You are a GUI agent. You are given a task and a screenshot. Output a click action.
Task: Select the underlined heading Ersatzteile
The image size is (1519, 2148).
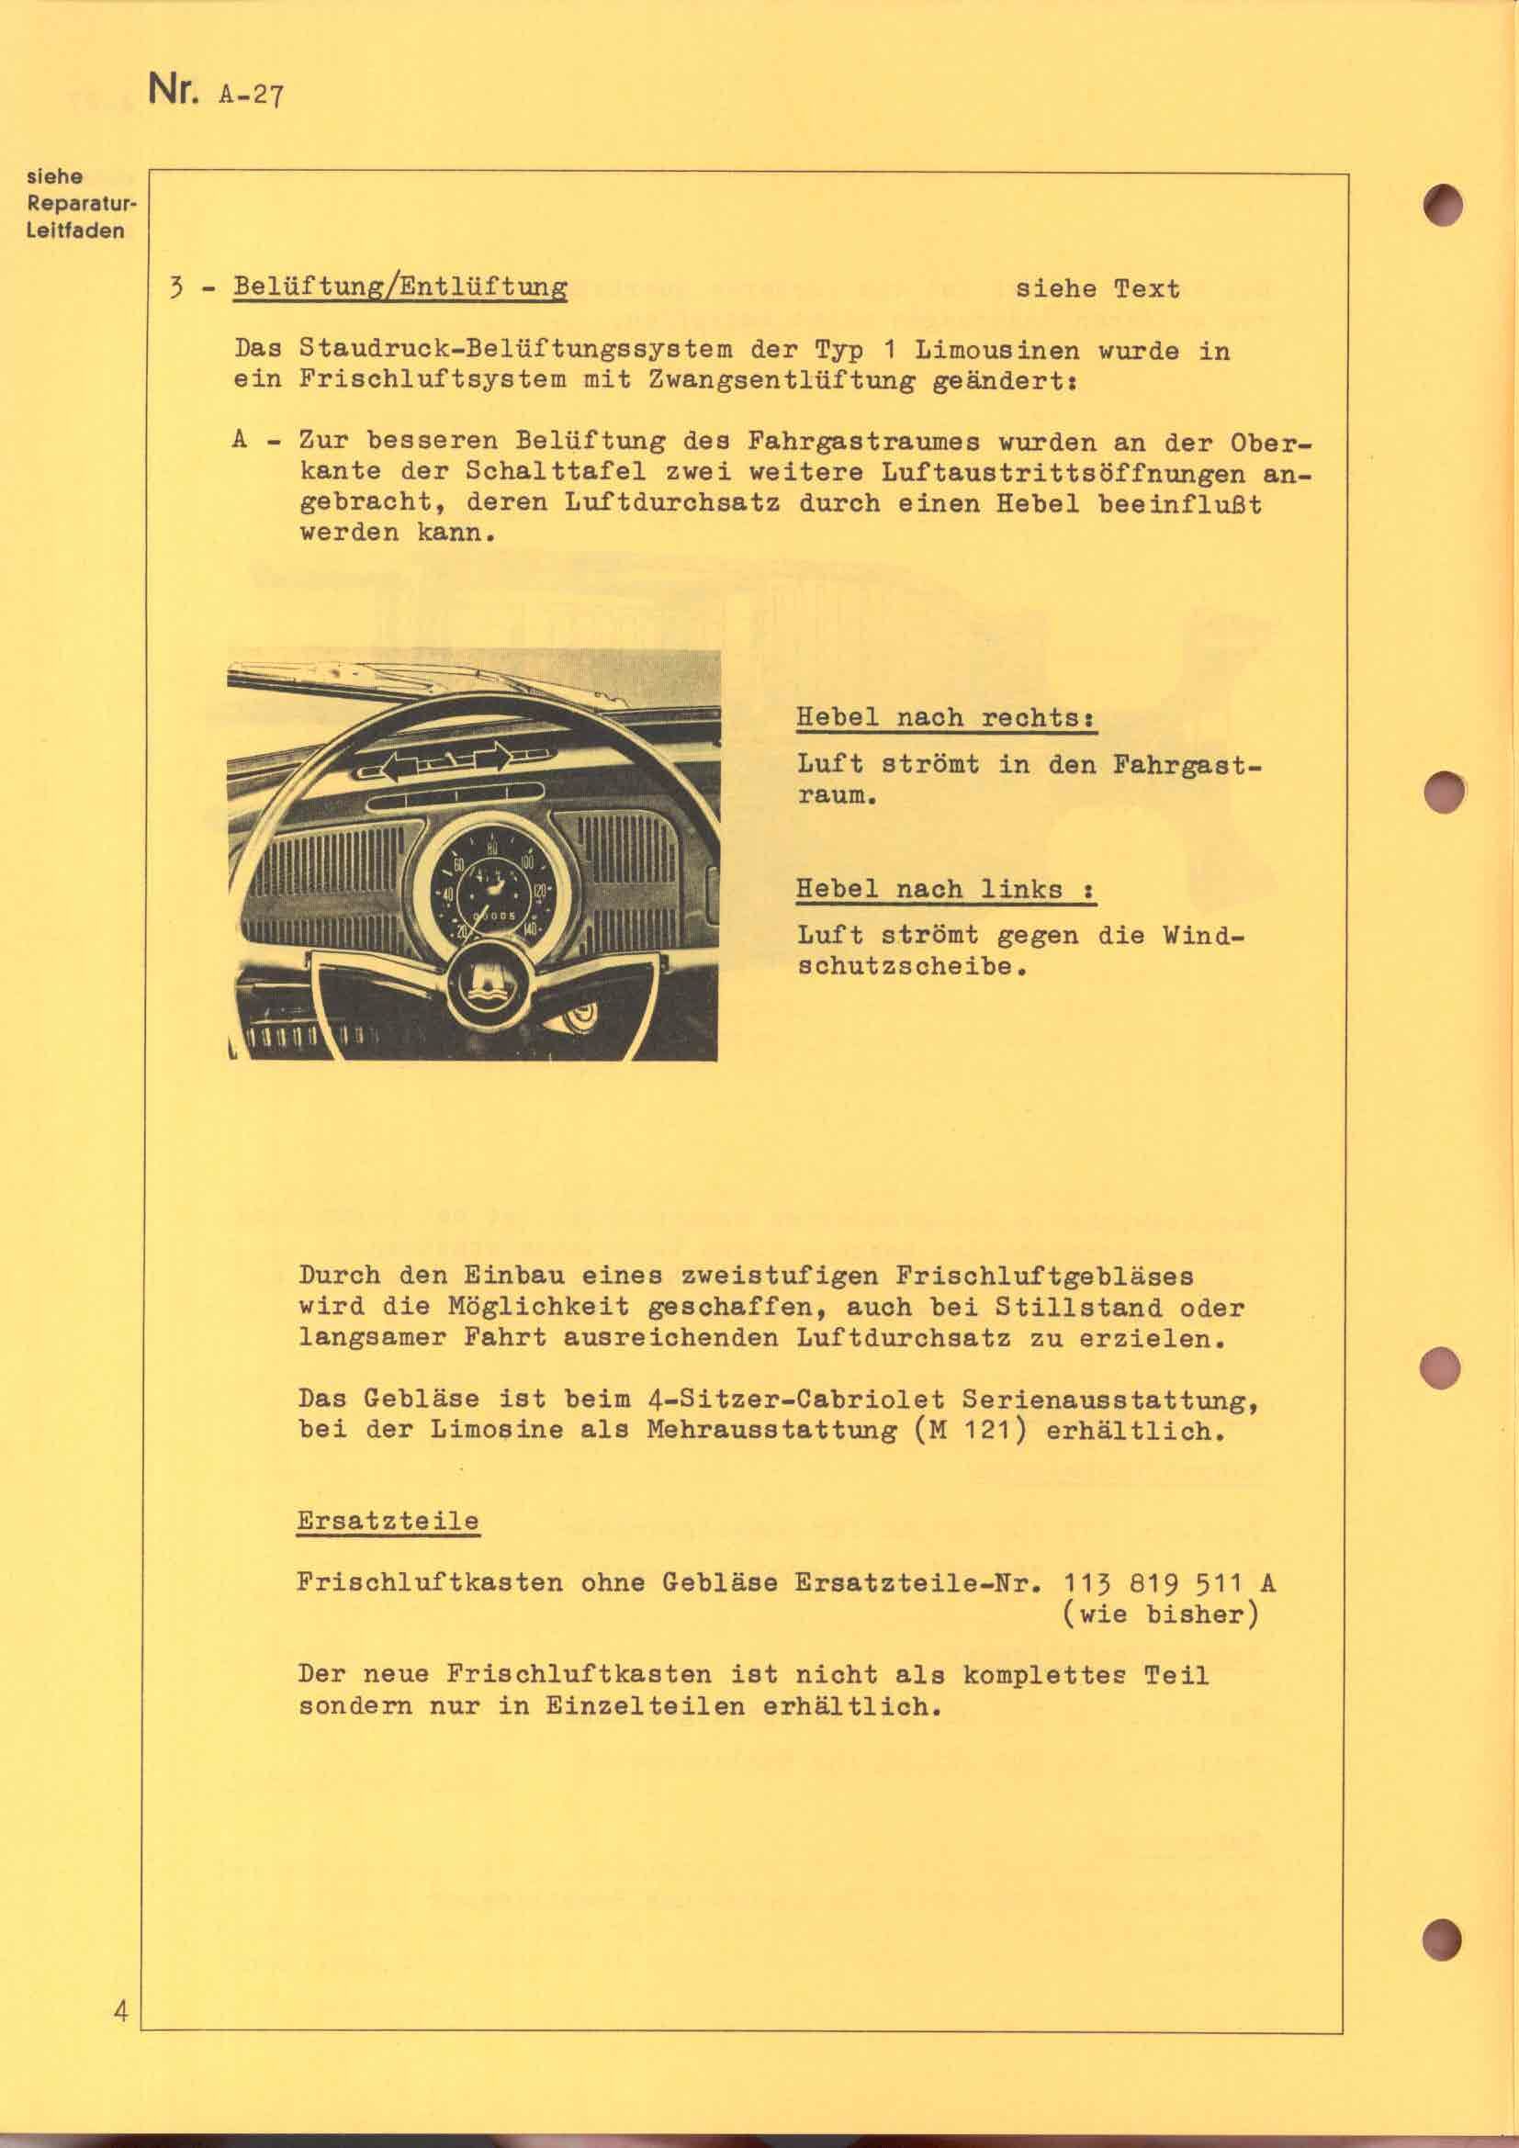pyautogui.click(x=388, y=1520)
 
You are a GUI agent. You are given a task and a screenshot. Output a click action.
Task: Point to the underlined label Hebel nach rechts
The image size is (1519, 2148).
pyautogui.click(x=945, y=717)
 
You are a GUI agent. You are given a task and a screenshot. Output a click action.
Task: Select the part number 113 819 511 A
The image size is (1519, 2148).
pyautogui.click(x=1169, y=1583)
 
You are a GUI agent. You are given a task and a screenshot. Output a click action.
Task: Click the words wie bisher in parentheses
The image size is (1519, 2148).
pyautogui.click(x=1160, y=1614)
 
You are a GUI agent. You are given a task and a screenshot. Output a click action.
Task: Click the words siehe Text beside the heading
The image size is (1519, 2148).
pyautogui.click(x=1097, y=289)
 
